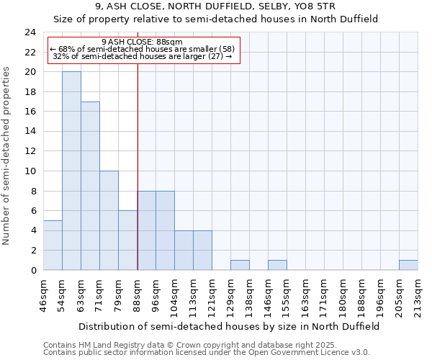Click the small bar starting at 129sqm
pyautogui.click(x=240, y=265)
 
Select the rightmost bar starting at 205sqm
pyautogui.click(x=408, y=265)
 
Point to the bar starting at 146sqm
pyautogui.click(x=277, y=265)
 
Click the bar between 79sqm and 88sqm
pyautogui.click(x=127, y=240)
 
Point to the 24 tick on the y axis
pyautogui.click(x=30, y=32)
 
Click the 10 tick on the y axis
pyautogui.click(x=30, y=171)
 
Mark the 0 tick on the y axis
pyautogui.click(x=33, y=270)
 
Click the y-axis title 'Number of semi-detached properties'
pyautogui.click(x=8, y=156)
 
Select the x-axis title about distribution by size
pyautogui.click(x=229, y=326)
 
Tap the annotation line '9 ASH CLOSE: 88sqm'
pyautogui.click(x=143, y=42)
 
